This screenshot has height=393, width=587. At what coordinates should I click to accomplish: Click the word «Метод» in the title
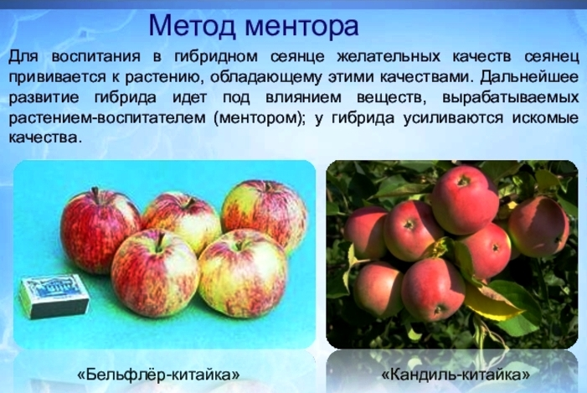pyautogui.click(x=193, y=25)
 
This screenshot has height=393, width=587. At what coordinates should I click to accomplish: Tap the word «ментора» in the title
pyautogui.click(x=302, y=26)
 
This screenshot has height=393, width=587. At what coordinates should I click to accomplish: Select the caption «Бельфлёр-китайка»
pyautogui.click(x=158, y=375)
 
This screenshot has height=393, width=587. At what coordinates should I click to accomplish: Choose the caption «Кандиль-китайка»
pyautogui.click(x=456, y=375)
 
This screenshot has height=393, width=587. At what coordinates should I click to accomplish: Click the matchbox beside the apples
pyautogui.click(x=54, y=296)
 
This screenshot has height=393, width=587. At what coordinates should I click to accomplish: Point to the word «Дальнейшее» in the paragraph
pyautogui.click(x=529, y=77)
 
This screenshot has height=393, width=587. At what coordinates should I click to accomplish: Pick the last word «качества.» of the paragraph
pyautogui.click(x=45, y=138)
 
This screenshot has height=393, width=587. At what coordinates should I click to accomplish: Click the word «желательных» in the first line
pyautogui.click(x=389, y=57)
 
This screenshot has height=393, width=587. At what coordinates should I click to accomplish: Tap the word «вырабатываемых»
pyautogui.click(x=510, y=98)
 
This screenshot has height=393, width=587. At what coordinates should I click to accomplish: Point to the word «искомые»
pyautogui.click(x=545, y=118)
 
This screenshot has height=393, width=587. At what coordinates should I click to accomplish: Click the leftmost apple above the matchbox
pyautogui.click(x=100, y=230)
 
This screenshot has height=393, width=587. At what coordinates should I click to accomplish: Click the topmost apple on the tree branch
pyautogui.click(x=465, y=199)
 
